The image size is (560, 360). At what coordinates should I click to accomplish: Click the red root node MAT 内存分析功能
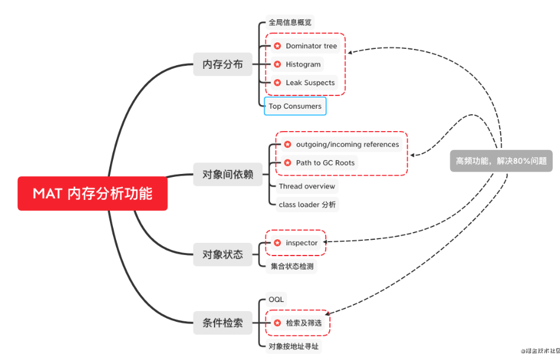pos(92,193)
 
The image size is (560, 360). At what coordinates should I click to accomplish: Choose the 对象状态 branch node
pos(222,254)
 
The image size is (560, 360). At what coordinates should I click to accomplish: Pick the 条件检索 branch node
pos(222,323)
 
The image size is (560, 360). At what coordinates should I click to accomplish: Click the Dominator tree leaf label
pos(311,46)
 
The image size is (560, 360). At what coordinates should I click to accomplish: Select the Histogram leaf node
pos(303,64)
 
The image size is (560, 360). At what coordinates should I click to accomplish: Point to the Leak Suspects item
pos(310,83)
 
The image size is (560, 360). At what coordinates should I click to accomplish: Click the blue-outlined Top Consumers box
pos(295,106)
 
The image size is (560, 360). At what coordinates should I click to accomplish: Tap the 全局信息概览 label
pos(291,23)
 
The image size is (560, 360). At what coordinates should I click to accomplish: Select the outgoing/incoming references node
pos(347,144)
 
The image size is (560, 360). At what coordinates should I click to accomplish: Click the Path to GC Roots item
pos(325,162)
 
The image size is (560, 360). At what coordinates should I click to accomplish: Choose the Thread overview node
pos(306,186)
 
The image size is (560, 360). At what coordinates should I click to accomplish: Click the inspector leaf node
pos(301,243)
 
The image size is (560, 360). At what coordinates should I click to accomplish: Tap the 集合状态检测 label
pos(291,266)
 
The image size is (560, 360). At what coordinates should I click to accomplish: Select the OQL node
pos(276,300)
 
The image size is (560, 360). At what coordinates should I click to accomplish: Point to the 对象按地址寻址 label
pos(294,346)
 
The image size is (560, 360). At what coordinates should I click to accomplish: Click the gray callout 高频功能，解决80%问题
pos(501,161)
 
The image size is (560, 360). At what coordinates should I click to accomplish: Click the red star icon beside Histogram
pos(277,64)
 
